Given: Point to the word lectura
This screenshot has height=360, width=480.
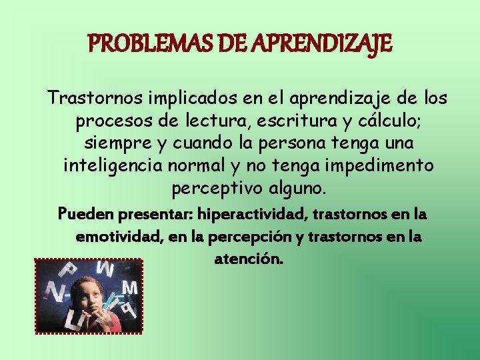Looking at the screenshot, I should [x=197, y=121].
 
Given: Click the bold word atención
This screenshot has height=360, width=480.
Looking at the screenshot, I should [x=249, y=259].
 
